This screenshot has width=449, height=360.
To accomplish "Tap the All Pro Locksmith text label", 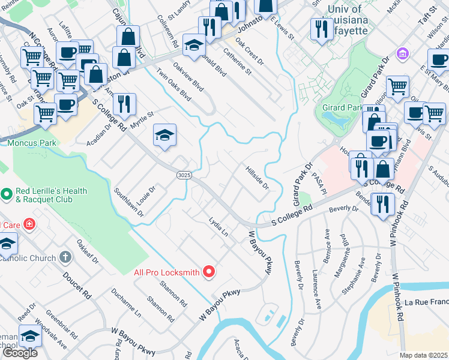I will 166,272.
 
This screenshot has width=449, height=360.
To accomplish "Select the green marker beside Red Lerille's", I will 7,194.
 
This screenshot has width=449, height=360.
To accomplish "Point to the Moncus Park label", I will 32,143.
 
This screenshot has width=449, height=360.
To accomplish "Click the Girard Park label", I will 342,108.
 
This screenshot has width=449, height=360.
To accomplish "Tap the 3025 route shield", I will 184,175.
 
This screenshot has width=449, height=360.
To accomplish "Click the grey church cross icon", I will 65,257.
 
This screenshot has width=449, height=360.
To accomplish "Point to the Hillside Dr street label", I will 256,178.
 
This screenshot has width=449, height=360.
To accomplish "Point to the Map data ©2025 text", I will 423,355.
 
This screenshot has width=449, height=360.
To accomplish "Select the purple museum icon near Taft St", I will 402,53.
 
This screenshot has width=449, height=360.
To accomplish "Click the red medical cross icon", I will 29,225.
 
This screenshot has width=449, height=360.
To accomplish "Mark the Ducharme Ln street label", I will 127,302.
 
